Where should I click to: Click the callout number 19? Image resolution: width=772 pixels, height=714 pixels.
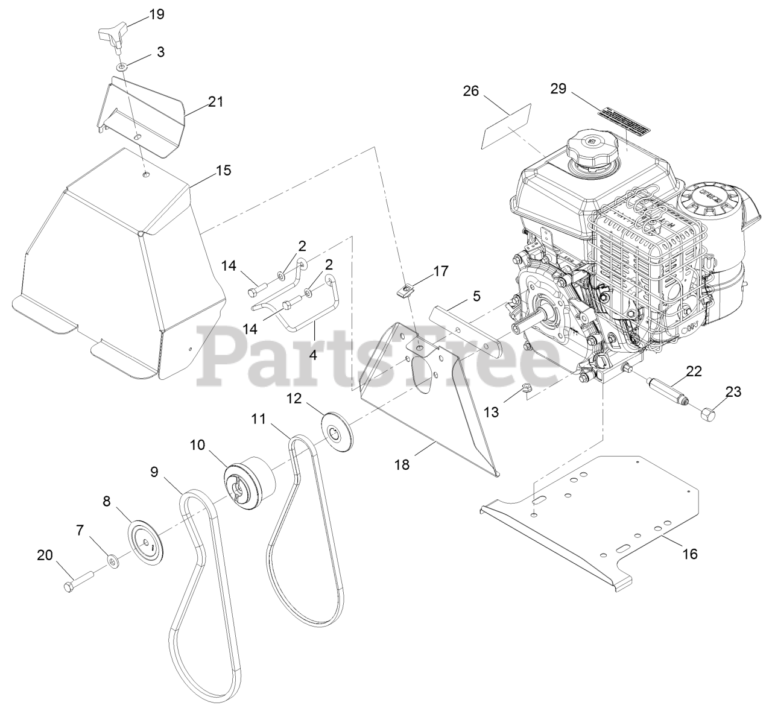click(156, 14)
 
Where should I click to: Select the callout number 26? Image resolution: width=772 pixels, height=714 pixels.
click(470, 91)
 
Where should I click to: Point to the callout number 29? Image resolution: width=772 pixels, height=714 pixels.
click(558, 89)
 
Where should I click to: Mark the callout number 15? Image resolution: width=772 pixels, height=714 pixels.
click(223, 171)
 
